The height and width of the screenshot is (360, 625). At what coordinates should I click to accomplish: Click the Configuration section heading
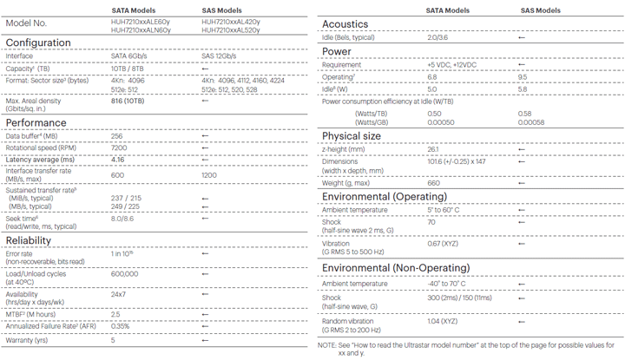(x=39, y=42)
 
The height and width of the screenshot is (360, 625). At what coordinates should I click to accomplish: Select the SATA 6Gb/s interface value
(x=129, y=56)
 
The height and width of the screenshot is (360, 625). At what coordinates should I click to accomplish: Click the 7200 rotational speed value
(x=119, y=147)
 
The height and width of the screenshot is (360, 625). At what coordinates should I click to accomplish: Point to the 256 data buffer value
(x=118, y=136)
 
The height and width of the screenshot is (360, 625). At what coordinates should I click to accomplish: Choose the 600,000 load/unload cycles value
(x=126, y=274)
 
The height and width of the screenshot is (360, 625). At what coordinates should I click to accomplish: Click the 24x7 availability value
(x=119, y=295)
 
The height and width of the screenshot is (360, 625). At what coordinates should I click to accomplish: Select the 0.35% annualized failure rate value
(x=121, y=325)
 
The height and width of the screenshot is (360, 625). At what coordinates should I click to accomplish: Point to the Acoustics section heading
(x=345, y=23)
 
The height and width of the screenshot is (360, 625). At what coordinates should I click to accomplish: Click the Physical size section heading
(x=351, y=135)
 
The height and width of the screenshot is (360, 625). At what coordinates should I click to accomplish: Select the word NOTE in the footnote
(x=327, y=345)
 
